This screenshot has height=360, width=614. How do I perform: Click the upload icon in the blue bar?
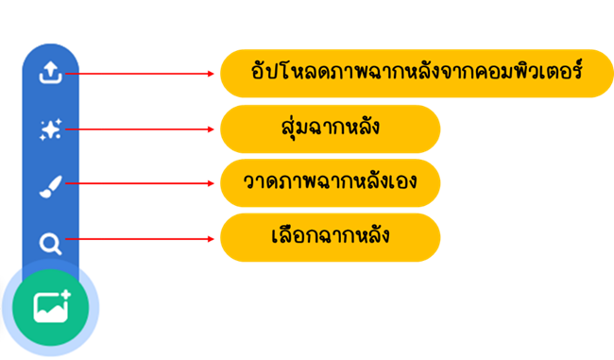50,73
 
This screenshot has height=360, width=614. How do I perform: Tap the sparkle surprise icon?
50,130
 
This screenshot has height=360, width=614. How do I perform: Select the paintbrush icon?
50,186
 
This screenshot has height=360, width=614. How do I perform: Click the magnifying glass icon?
50,245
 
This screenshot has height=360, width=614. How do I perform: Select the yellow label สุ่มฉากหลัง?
330,129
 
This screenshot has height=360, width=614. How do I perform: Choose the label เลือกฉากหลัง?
330,236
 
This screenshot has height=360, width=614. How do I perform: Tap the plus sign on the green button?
65,295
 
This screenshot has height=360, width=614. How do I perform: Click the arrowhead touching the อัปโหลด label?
213,73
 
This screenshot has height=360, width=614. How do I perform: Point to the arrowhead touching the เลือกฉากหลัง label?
213,239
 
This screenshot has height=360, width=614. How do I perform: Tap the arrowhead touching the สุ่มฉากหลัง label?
213,129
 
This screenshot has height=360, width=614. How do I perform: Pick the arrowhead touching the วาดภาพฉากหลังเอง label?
213,184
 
